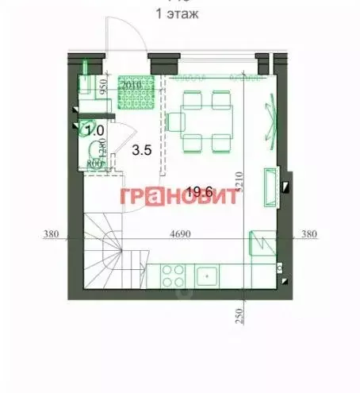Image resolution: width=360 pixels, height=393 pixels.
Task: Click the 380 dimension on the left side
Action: (52, 234)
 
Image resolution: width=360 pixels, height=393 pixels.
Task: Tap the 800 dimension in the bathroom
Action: (94, 164)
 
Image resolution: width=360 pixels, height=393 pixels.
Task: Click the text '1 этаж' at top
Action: (180, 13)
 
